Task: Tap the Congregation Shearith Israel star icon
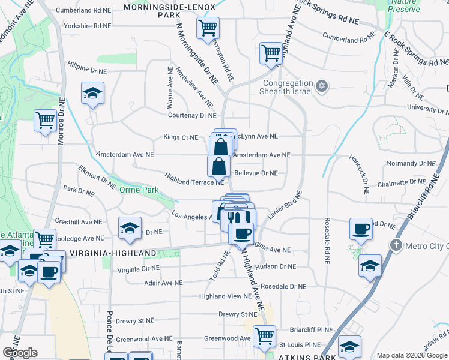[322, 86]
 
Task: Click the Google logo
[20, 352]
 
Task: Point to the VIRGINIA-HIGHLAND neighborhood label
[113, 253]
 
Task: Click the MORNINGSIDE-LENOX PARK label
[161, 10]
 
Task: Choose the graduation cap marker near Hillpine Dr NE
[93, 94]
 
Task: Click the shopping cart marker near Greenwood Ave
[264, 337]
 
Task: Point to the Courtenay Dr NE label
[191, 115]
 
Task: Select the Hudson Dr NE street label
[276, 266]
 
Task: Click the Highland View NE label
[225, 296]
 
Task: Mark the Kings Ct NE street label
[181, 137]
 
